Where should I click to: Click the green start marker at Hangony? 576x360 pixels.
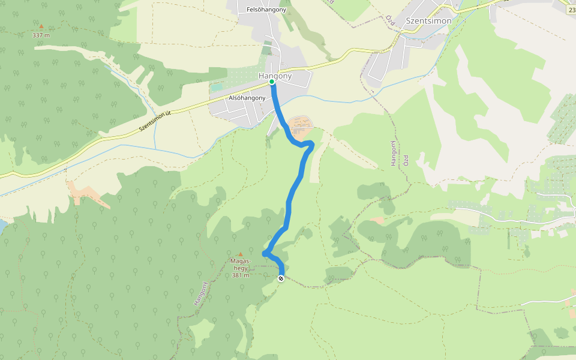pos(272,81)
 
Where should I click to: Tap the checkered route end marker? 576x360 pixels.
pos(281,278)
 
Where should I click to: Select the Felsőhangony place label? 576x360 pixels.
pos(266,10)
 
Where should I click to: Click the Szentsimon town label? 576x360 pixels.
pos(428,20)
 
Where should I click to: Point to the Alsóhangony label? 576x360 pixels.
pos(247,98)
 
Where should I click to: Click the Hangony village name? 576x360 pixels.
pos(275,76)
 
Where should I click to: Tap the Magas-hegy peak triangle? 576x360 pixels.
pos(241,254)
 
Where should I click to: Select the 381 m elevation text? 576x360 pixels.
pos(240,275)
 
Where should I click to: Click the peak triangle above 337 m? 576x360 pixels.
pos(41,26)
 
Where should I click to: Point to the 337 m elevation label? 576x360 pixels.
pos(41,35)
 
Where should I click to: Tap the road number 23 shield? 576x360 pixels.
pos(571,9)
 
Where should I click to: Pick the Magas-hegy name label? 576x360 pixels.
pos(240,265)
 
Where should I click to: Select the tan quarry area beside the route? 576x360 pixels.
pos(300,127)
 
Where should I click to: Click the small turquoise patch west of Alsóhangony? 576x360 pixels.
pos(216,87)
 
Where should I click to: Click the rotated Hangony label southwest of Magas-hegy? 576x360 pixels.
pos(200,294)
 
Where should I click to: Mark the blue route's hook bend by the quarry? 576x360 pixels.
pos(311,143)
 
